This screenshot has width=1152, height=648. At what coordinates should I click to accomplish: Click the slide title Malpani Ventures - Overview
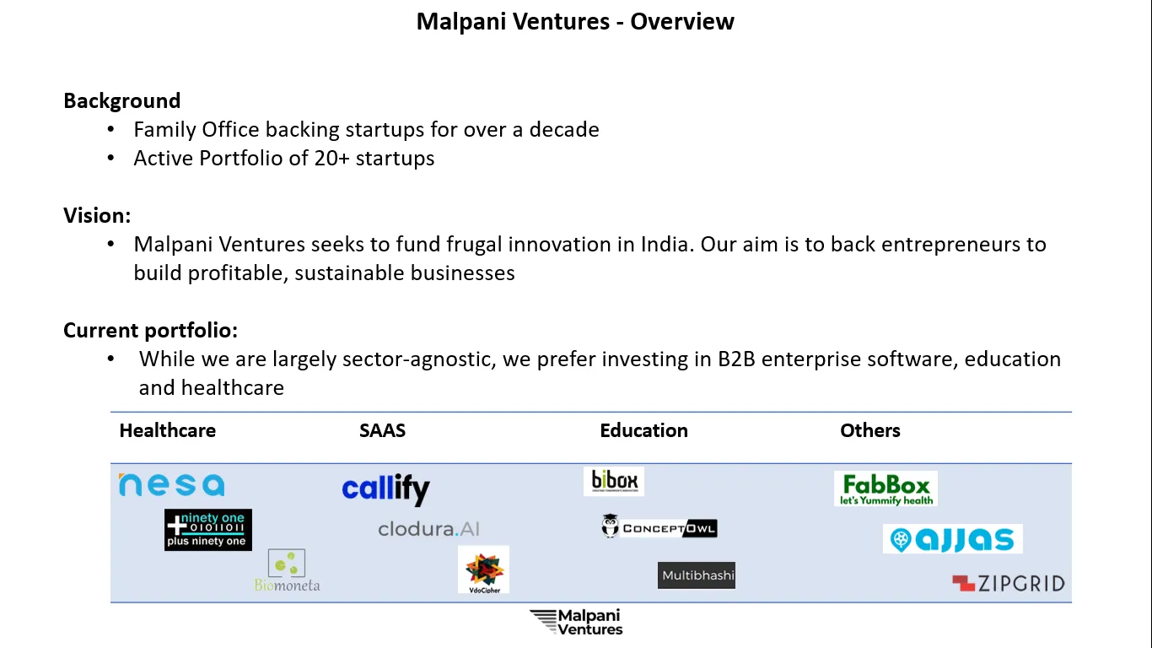(x=575, y=22)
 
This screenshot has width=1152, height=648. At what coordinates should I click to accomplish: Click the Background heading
(x=122, y=101)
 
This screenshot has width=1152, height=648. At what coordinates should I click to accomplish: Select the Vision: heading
(x=97, y=215)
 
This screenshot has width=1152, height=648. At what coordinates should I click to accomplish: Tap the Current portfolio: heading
(x=151, y=331)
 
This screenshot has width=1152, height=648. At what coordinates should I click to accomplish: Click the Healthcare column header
(x=168, y=431)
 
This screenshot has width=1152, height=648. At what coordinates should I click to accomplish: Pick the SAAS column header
(x=382, y=431)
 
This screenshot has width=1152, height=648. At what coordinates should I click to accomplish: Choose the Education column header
(x=643, y=431)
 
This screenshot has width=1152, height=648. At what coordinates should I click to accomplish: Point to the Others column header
(x=870, y=431)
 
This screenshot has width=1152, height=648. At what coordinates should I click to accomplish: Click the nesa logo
(x=172, y=485)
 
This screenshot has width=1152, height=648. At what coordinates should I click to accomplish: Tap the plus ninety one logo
(x=208, y=530)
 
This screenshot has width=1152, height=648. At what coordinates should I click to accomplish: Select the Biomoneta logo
(x=287, y=570)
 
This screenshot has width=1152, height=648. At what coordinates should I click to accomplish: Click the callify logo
(x=385, y=489)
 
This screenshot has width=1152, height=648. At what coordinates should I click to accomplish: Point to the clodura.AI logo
(x=429, y=529)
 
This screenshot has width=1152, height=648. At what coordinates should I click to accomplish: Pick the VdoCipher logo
(x=483, y=570)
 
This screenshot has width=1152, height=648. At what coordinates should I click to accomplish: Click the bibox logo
(x=614, y=481)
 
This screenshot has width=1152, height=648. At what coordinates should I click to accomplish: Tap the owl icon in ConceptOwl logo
(x=610, y=526)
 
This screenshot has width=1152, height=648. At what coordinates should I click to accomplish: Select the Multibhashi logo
(x=697, y=575)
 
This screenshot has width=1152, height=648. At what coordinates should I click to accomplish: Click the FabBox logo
(x=886, y=489)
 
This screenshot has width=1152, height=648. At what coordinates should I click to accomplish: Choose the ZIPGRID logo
(x=1009, y=584)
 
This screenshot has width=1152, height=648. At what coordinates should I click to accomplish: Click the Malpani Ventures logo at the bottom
(x=576, y=622)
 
